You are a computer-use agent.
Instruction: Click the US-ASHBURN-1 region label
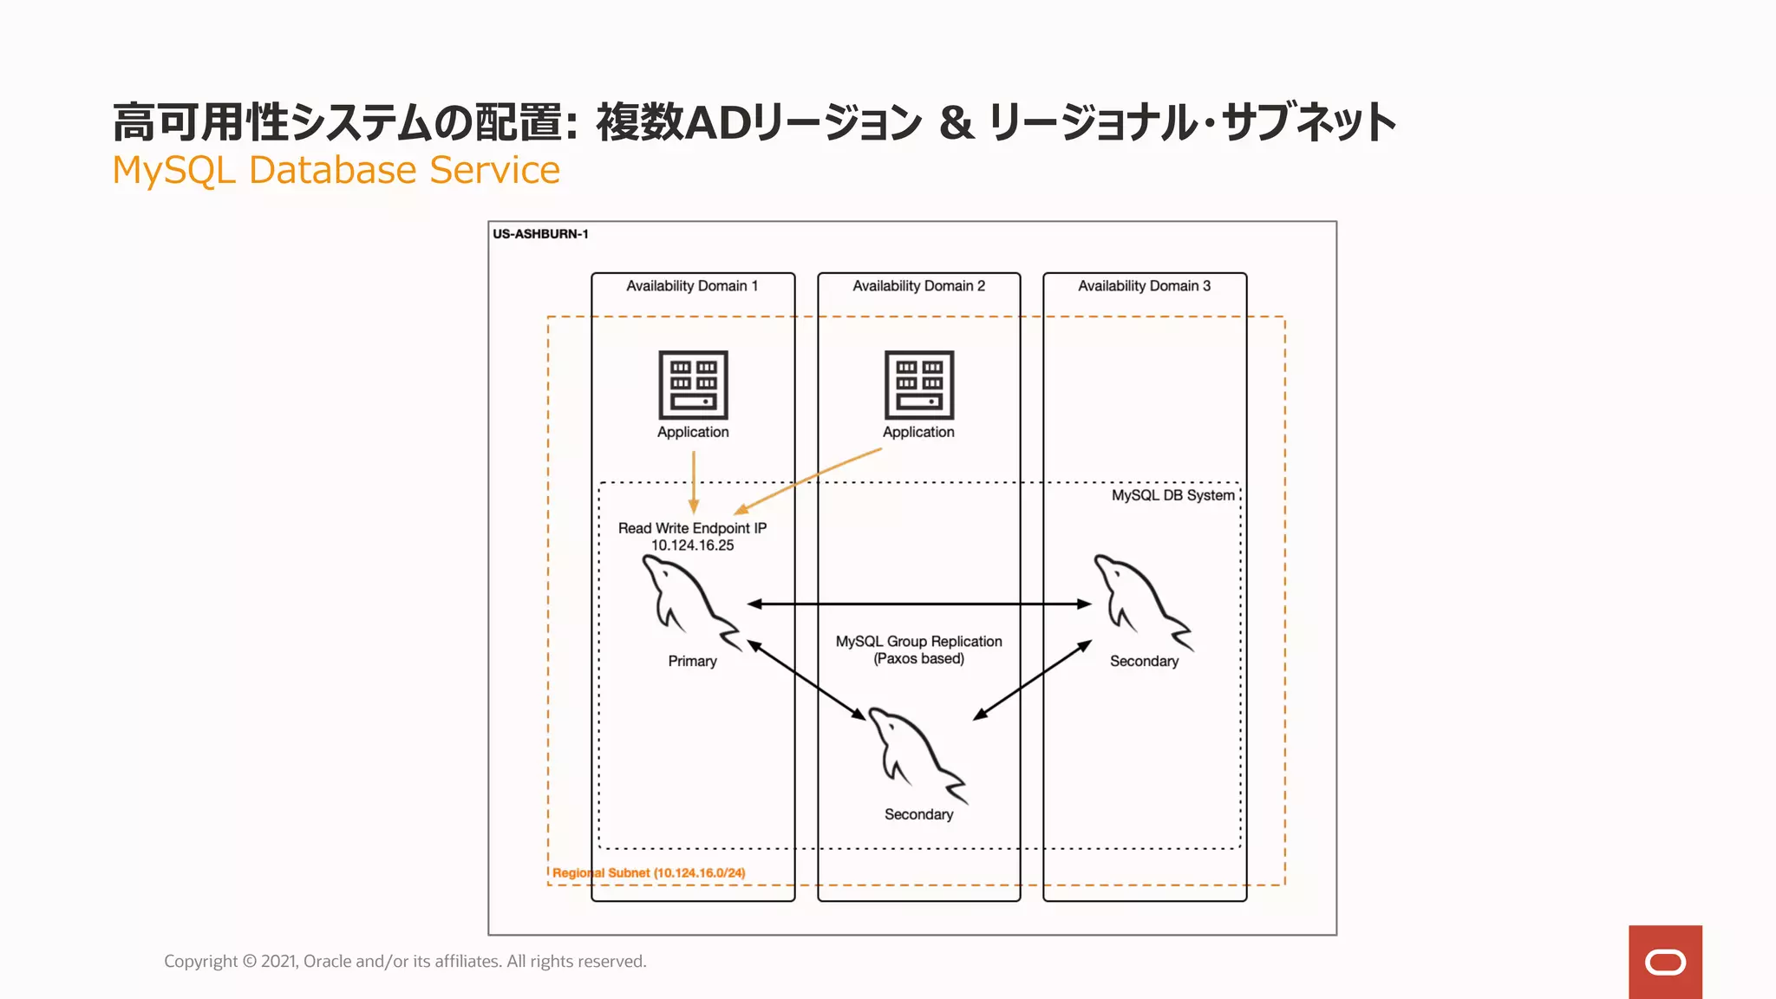540,234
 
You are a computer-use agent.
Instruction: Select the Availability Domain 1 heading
692,286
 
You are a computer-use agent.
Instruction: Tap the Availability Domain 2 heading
918,286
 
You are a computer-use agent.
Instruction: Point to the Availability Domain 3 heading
1144,286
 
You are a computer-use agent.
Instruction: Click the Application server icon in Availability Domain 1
693,385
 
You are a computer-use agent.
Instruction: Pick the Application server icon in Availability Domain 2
919,385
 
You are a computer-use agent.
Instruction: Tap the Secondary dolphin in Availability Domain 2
916,755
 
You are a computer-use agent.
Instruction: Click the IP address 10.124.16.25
692,545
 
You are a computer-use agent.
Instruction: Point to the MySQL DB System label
1172,495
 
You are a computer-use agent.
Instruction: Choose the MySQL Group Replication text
918,642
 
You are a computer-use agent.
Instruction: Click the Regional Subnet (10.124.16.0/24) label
649,873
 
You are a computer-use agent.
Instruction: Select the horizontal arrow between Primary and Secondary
919,604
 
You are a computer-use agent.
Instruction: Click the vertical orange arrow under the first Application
694,481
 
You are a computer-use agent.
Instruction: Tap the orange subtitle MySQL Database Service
336,170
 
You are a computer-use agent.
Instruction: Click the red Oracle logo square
1665,962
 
